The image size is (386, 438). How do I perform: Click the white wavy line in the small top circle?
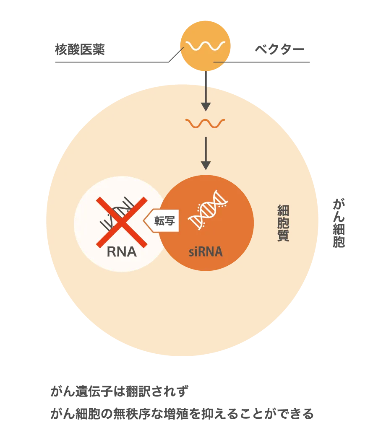coord(205,45)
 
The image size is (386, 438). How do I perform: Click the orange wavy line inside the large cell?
coord(205,123)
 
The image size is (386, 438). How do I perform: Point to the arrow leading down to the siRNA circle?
coord(205,153)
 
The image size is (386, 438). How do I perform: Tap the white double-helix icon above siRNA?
coord(207,210)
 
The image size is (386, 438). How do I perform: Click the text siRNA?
coord(205,252)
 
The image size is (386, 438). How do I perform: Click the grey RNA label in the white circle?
coord(122,251)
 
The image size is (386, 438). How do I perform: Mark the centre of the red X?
coord(122,222)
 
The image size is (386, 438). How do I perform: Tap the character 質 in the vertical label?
coord(283,236)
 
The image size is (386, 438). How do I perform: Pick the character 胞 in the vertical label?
coord(283,223)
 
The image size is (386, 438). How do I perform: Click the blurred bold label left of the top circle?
coord(81,49)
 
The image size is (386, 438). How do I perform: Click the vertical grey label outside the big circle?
coord(339,224)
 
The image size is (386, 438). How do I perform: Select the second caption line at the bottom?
coord(183,413)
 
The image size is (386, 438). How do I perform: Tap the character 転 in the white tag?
coord(159,221)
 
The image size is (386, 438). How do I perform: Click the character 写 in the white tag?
coord(170,221)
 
